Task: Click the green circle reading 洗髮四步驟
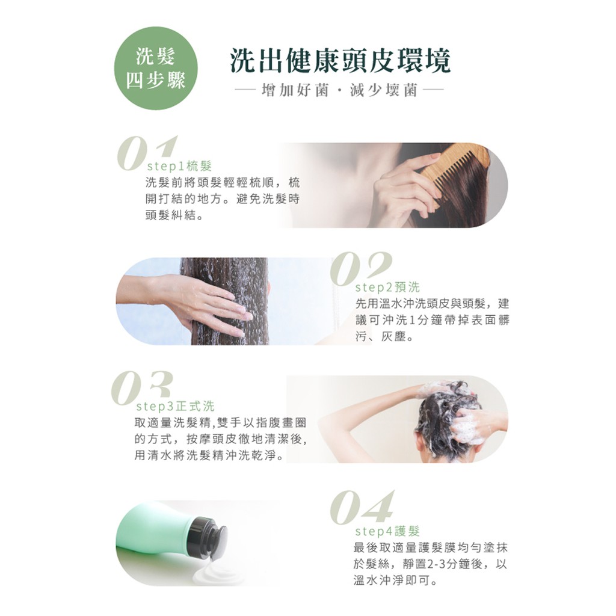[x=156, y=68]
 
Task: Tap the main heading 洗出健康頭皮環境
[x=340, y=61]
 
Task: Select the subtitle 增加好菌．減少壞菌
[x=339, y=91]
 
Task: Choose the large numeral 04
[x=362, y=507]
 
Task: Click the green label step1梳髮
[x=179, y=166]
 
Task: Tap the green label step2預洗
[x=387, y=287]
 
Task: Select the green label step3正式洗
[x=175, y=406]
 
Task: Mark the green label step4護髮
[x=387, y=531]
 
